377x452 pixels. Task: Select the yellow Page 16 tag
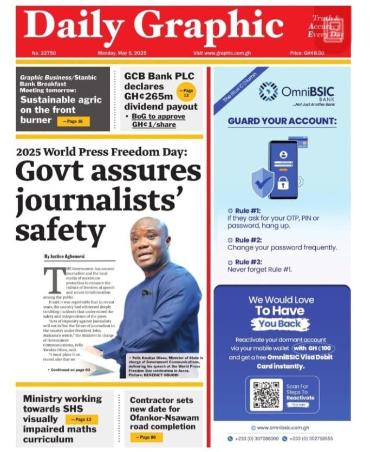pos(73,121)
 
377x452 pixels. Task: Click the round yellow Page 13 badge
pos(187,93)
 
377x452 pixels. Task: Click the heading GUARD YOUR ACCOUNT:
pos(282,121)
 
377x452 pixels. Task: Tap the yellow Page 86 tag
pos(147,437)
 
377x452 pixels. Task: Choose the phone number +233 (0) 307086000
pos(255,438)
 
